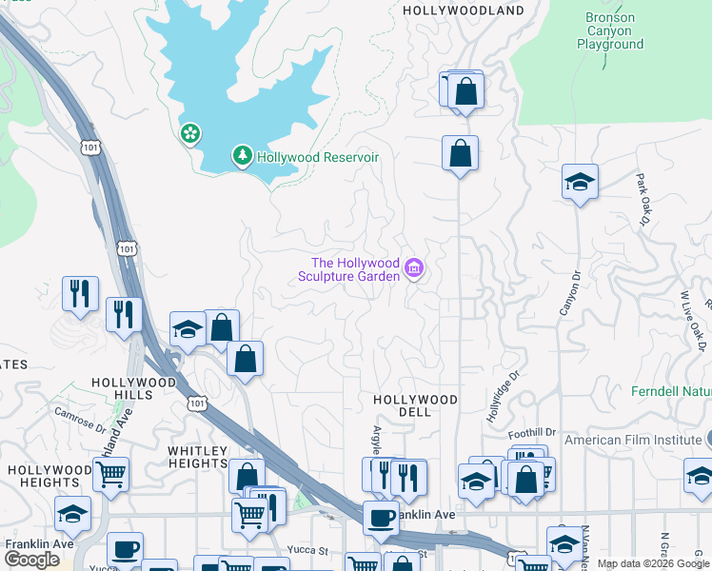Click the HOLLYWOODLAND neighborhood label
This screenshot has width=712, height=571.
tap(464, 10)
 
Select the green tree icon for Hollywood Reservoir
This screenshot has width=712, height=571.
tap(243, 156)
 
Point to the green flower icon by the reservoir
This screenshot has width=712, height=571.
tap(191, 133)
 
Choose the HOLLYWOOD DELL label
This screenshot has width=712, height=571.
tap(415, 405)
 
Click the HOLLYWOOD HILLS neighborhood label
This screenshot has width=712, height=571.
tap(134, 388)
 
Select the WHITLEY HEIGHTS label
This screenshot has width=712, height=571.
tap(198, 457)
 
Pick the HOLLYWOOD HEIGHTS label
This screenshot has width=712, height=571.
tap(49, 477)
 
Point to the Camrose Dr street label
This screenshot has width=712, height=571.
tap(80, 421)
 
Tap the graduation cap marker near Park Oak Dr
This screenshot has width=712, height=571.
tap(580, 182)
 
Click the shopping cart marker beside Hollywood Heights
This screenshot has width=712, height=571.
tap(111, 473)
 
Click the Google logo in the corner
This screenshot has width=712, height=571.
tap(32, 560)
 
